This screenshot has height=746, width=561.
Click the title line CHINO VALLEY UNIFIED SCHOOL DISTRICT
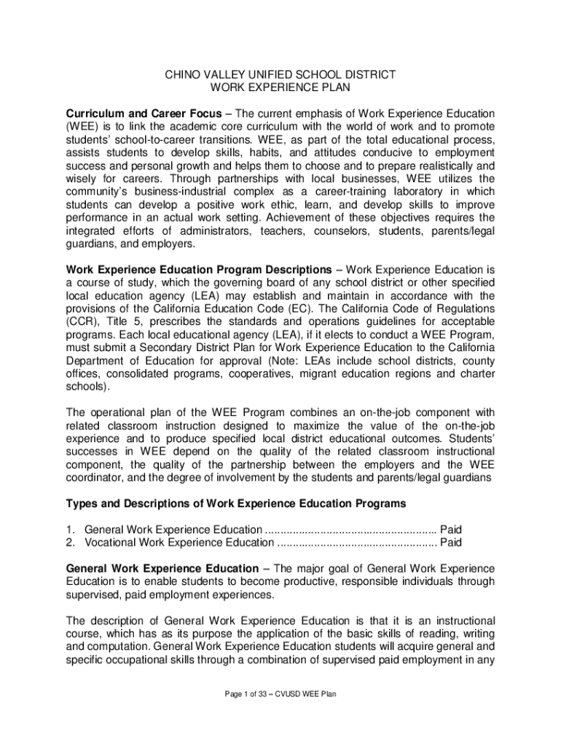[x=280, y=74]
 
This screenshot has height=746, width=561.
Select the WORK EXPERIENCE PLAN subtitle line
[x=280, y=87]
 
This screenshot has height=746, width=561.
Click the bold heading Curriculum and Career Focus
[x=141, y=114]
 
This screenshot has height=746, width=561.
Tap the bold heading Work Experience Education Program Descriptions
[x=198, y=269]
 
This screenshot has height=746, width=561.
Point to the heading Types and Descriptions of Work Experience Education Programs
[x=236, y=503]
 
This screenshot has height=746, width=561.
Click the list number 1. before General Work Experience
[x=71, y=530]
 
